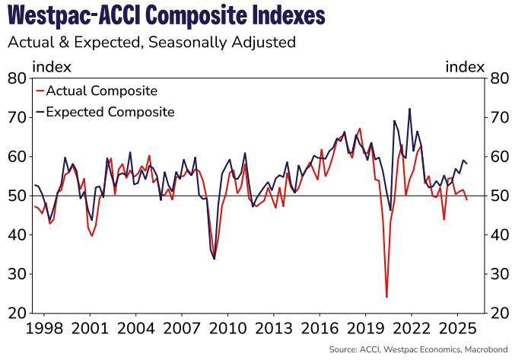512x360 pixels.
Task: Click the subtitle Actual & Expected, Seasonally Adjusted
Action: tap(151, 42)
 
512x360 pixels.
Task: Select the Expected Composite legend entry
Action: tap(110, 112)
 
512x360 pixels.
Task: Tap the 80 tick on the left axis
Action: tap(17, 78)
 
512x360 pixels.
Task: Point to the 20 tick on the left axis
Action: tap(17, 314)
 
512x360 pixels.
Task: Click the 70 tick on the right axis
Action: tap(499, 118)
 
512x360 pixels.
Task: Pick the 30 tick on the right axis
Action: tap(499, 274)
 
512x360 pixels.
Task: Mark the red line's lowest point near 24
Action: tap(386, 297)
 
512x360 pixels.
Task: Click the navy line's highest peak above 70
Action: tap(410, 109)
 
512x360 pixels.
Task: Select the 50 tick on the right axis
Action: tap(499, 196)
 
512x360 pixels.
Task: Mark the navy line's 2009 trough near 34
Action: tap(214, 259)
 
